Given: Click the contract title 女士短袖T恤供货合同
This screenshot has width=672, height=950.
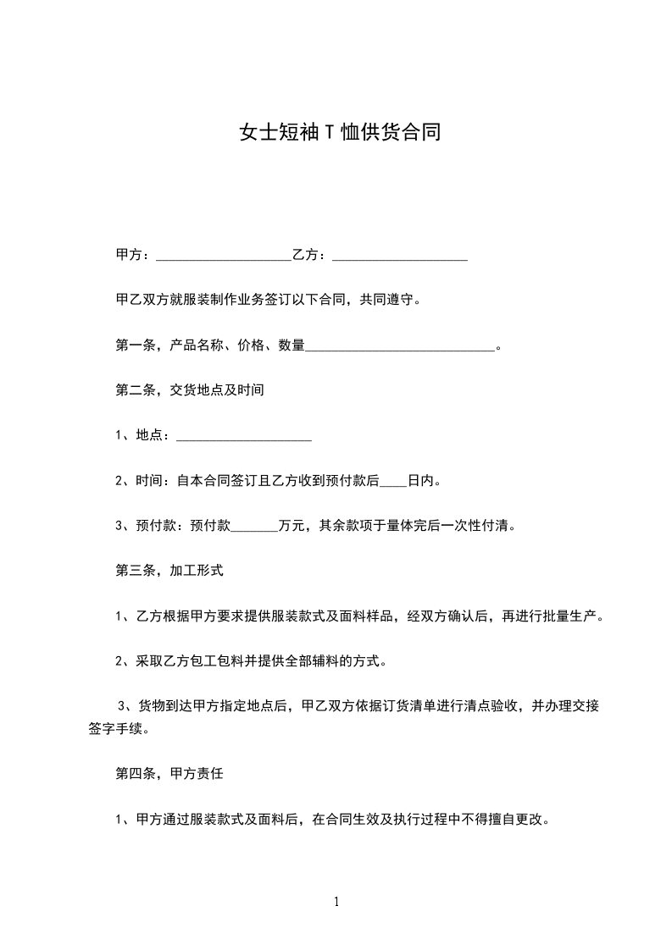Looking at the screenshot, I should tap(339, 133).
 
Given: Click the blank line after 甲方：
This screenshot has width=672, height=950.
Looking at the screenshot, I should tap(224, 255).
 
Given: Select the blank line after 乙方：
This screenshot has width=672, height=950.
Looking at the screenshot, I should tap(400, 255).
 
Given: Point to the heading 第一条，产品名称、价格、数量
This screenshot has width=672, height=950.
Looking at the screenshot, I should tap(210, 345).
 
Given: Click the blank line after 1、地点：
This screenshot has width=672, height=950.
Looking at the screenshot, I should tap(244, 436).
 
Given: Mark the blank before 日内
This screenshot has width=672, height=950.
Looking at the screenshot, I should tap(393, 482).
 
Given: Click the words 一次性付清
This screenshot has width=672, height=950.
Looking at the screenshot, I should tap(481, 526).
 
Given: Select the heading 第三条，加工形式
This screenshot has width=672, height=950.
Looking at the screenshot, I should tap(169, 571).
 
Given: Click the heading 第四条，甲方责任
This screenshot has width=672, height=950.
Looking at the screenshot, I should tap(169, 773).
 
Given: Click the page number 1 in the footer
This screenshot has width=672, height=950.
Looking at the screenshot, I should tap(336, 902).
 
